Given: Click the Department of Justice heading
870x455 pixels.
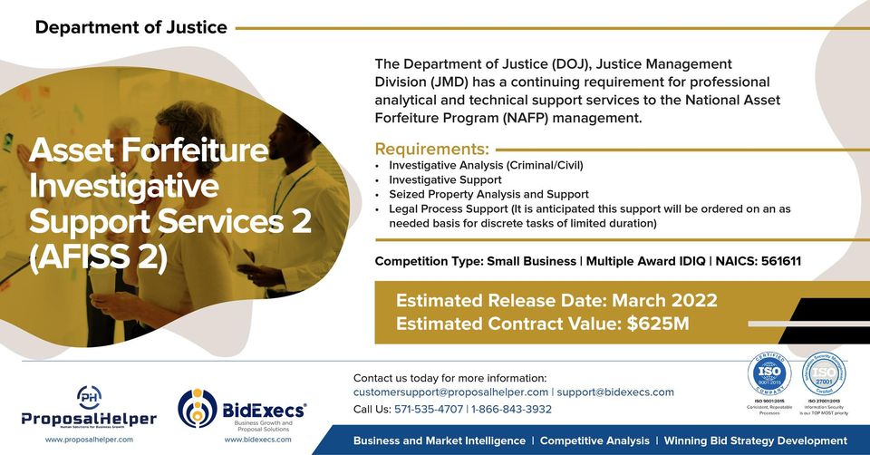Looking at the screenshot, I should pyautogui.click(x=131, y=27).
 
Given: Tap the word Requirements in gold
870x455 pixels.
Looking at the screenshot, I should pyautogui.click(x=431, y=150).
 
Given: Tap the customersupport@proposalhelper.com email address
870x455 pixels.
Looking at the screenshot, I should pyautogui.click(x=450, y=392).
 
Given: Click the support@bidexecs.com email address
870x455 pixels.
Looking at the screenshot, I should pyautogui.click(x=615, y=392).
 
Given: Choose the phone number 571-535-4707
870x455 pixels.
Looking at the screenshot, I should pyautogui.click(x=428, y=409).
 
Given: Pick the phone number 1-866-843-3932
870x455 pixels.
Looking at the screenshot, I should pyautogui.click(x=511, y=409).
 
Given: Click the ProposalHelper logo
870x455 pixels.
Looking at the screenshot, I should pyautogui.click(x=89, y=408).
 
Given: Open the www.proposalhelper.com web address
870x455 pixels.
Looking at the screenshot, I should pyautogui.click(x=89, y=439).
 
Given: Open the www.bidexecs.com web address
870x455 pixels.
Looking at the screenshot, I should pyautogui.click(x=258, y=439).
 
